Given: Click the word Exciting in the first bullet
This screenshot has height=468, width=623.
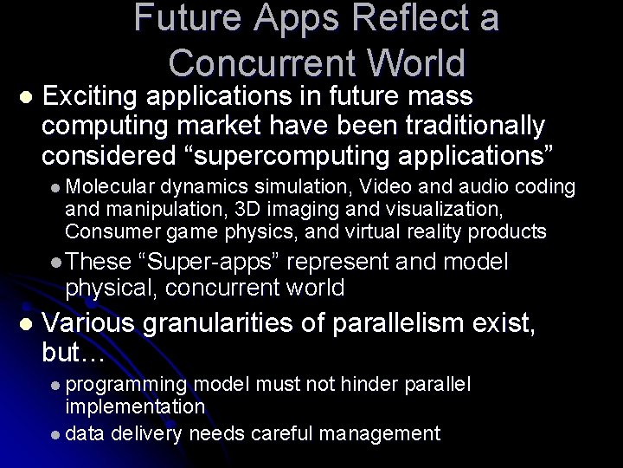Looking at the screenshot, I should point(92,96).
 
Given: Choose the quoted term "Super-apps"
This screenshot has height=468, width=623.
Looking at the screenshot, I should point(211,263).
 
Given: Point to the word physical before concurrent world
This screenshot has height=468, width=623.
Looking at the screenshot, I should point(111,287).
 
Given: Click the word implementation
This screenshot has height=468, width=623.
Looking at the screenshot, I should point(135,406).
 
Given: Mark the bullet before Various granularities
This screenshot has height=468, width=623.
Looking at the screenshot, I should point(23,324).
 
